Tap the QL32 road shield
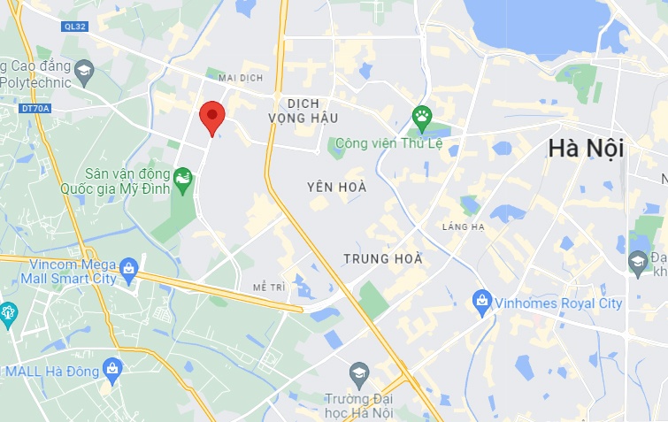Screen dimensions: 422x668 pos(75,27)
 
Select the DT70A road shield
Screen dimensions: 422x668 pos(35,109)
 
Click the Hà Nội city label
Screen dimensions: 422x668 pos(586,148)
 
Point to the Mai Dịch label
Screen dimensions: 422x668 pos(241,78)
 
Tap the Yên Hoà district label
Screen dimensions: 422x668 pos(336,188)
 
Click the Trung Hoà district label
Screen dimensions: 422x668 pos(383,260)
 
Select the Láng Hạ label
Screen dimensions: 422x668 pos(465,227)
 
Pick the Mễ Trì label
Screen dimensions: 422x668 pos(268,288)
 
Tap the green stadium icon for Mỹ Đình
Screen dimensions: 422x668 pos(182,180)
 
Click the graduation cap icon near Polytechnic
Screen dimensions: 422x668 pos(83,71)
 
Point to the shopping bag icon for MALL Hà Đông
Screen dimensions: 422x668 pos(112,367)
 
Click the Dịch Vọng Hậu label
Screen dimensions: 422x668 pos(303,111)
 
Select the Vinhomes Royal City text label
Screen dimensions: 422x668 pos(559,303)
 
